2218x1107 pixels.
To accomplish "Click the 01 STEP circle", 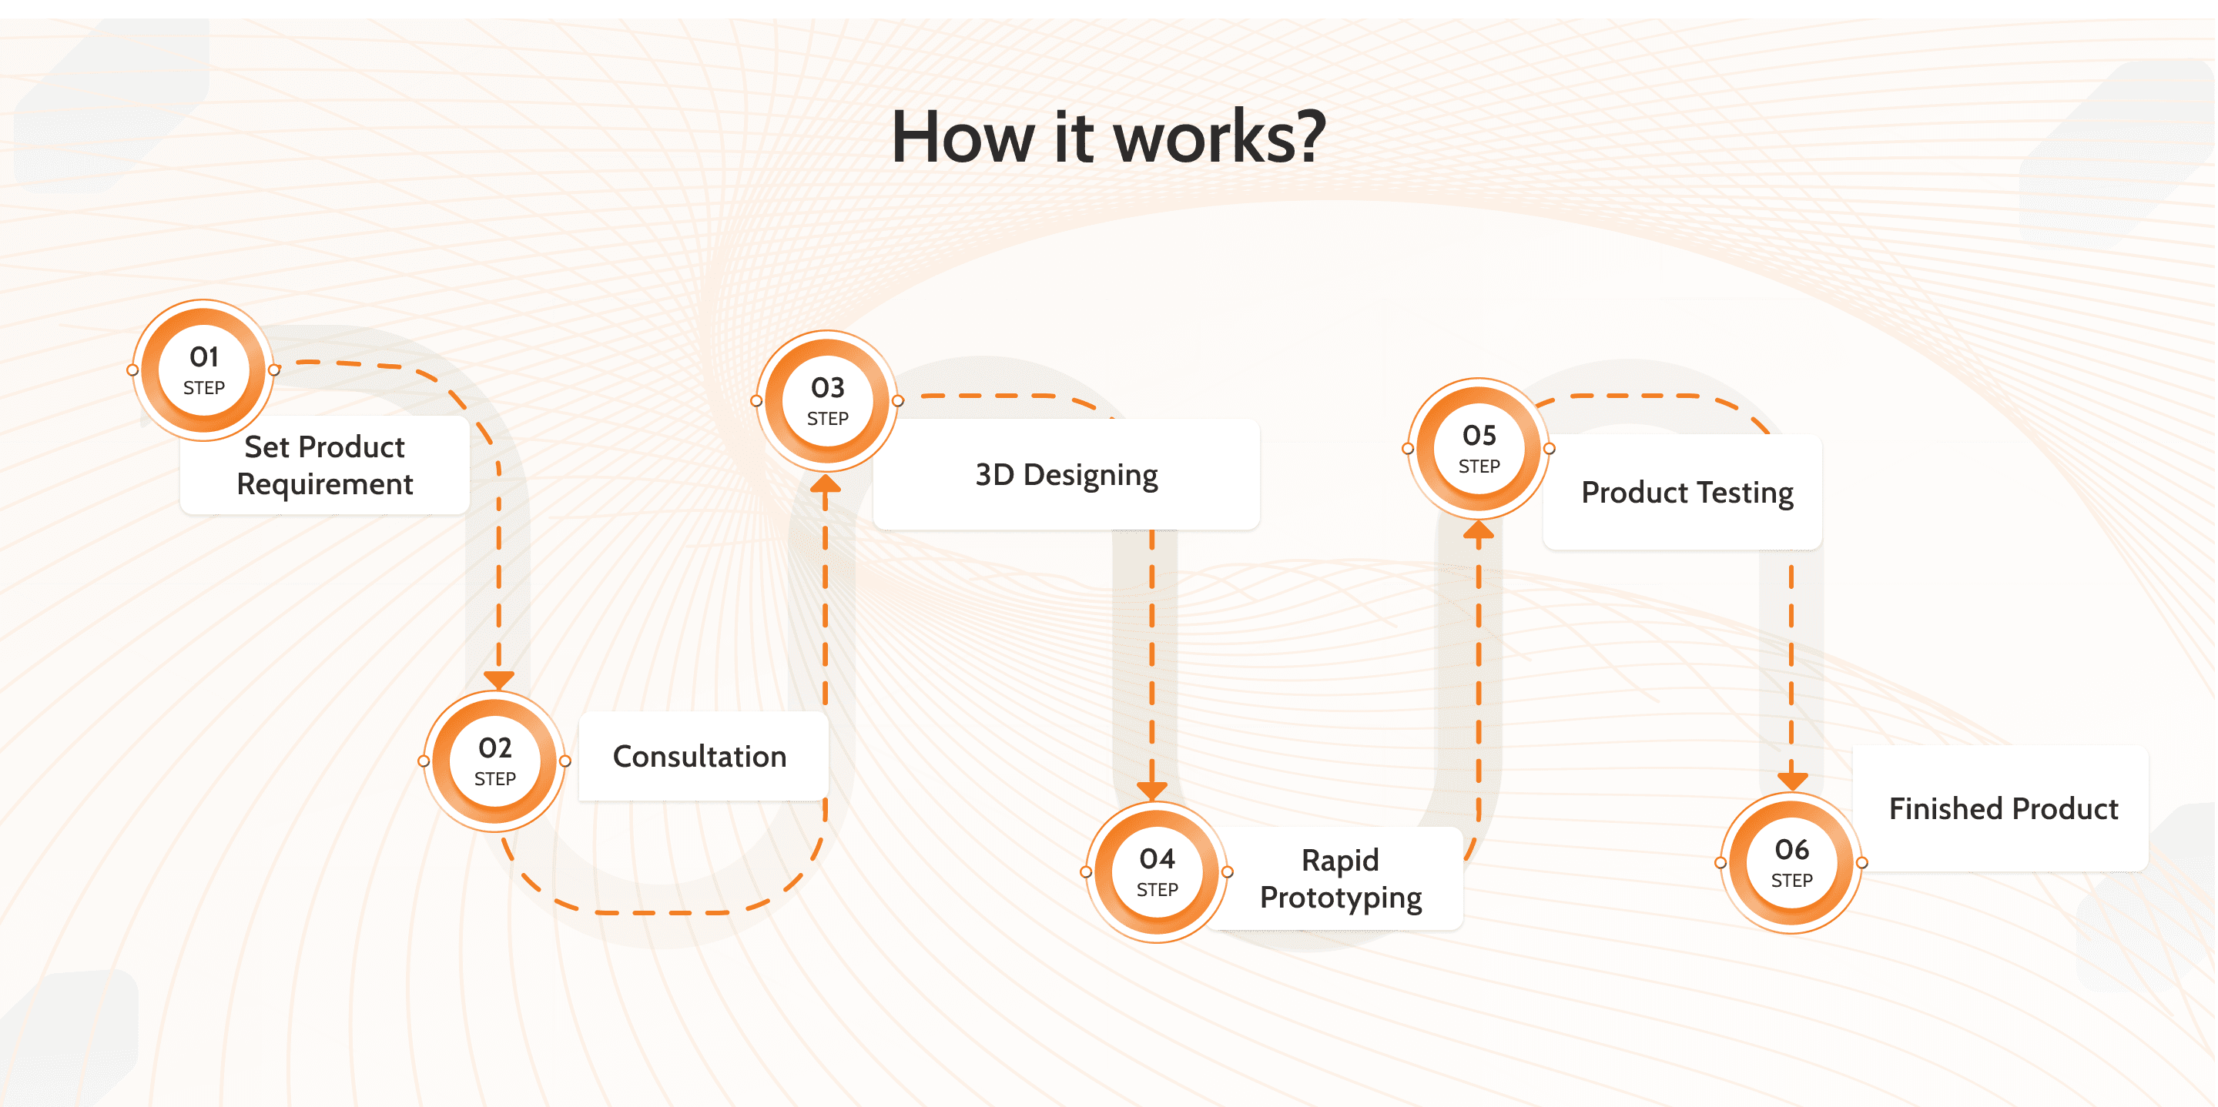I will pyautogui.click(x=204, y=370).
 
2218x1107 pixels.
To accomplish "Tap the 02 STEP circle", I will pyautogui.click(x=495, y=761).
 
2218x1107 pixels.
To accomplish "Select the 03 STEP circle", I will pyautogui.click(x=827, y=401).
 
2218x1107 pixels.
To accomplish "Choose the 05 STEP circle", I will pyautogui.click(x=1479, y=449).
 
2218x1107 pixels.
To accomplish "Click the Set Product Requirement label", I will pyautogui.click(x=324, y=466).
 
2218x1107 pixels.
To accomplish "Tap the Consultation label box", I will pyautogui.click(x=700, y=757).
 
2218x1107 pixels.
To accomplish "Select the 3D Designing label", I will pyautogui.click(x=1066, y=475).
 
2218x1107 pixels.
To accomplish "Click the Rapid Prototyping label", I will pyautogui.click(x=1341, y=878).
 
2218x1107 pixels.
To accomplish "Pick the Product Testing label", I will pyautogui.click(x=1687, y=493).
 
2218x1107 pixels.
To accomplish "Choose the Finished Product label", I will pyautogui.click(x=2002, y=809).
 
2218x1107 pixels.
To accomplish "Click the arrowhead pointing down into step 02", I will pyautogui.click(x=498, y=680).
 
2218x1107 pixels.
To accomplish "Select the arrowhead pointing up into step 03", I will pyautogui.click(x=825, y=483).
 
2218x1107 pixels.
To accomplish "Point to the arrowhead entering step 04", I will pyautogui.click(x=1152, y=789).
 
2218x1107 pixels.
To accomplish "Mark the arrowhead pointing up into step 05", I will pyautogui.click(x=1479, y=530).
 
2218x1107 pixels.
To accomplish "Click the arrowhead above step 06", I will pyautogui.click(x=1792, y=781).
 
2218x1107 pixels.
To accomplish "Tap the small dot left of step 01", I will pyautogui.click(x=132, y=370).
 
